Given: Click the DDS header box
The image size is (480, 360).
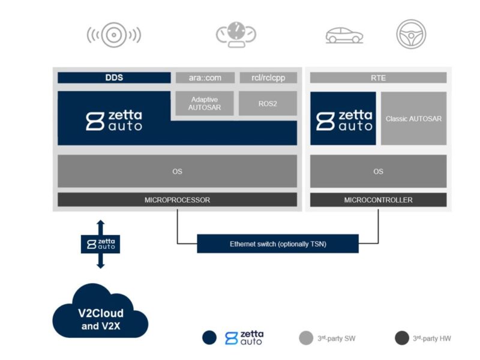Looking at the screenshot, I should tap(114, 77).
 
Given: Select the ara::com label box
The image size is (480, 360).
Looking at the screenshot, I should tap(205, 77).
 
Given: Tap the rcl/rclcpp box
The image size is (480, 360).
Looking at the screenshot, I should tap(268, 77).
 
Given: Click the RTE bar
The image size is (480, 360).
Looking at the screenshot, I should tap(378, 77).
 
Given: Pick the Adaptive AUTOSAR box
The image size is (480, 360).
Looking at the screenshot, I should tap(205, 103).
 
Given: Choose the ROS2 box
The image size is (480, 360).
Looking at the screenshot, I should tap(268, 103).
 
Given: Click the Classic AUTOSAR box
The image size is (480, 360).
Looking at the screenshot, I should tap(413, 118).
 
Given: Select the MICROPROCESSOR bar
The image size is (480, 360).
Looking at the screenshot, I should tap(177, 200).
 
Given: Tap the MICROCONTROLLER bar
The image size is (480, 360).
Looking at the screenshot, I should tap(378, 200).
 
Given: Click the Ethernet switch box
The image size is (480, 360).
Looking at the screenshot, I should tap(278, 244).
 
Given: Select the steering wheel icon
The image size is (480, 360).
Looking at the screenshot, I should tap(411, 34).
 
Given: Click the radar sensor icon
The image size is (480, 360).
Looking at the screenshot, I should tap(113, 34).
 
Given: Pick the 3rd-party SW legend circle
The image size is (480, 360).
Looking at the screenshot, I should tap(306, 338).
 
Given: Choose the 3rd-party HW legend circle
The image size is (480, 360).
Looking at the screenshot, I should tap(401, 338).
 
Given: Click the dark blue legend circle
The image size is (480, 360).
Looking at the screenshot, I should tap(209, 338).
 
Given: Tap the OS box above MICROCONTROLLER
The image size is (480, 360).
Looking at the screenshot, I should tap(378, 171).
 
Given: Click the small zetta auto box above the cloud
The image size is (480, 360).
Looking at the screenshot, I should tap(100, 244).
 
